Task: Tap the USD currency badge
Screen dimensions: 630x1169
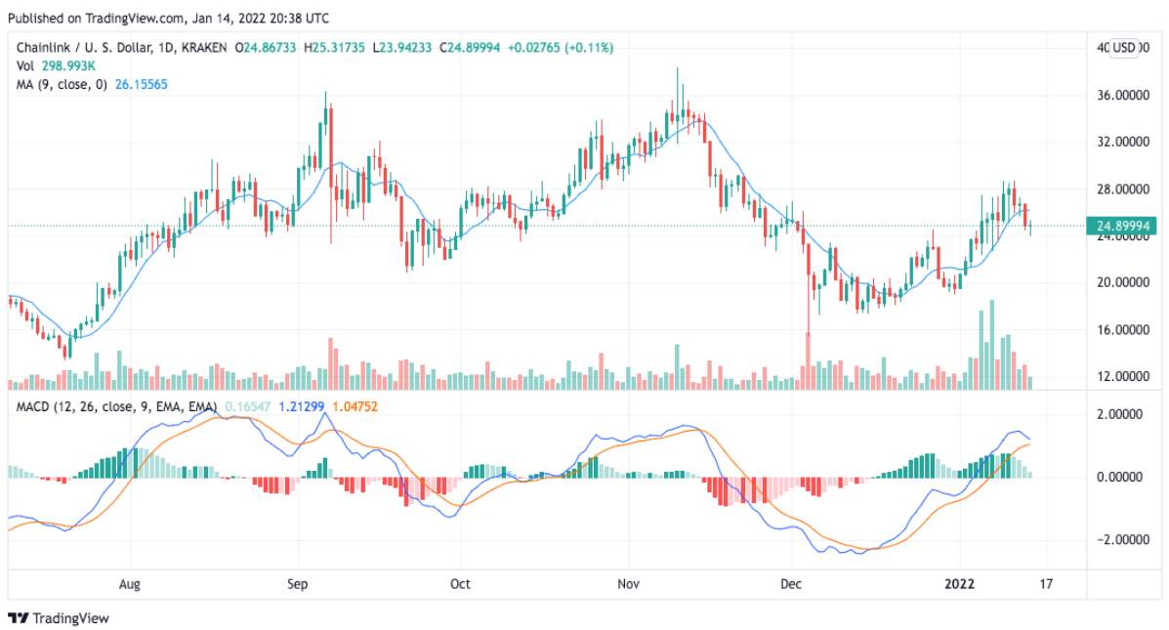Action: (1126, 48)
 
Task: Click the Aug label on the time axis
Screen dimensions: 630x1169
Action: (130, 585)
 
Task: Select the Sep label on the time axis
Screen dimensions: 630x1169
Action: (298, 585)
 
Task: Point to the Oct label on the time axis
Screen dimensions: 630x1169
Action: (460, 585)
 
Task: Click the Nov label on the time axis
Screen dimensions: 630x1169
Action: (629, 585)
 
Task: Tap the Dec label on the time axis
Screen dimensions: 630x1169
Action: (791, 585)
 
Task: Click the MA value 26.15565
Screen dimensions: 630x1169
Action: (140, 85)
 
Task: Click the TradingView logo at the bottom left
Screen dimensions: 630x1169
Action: (59, 618)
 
